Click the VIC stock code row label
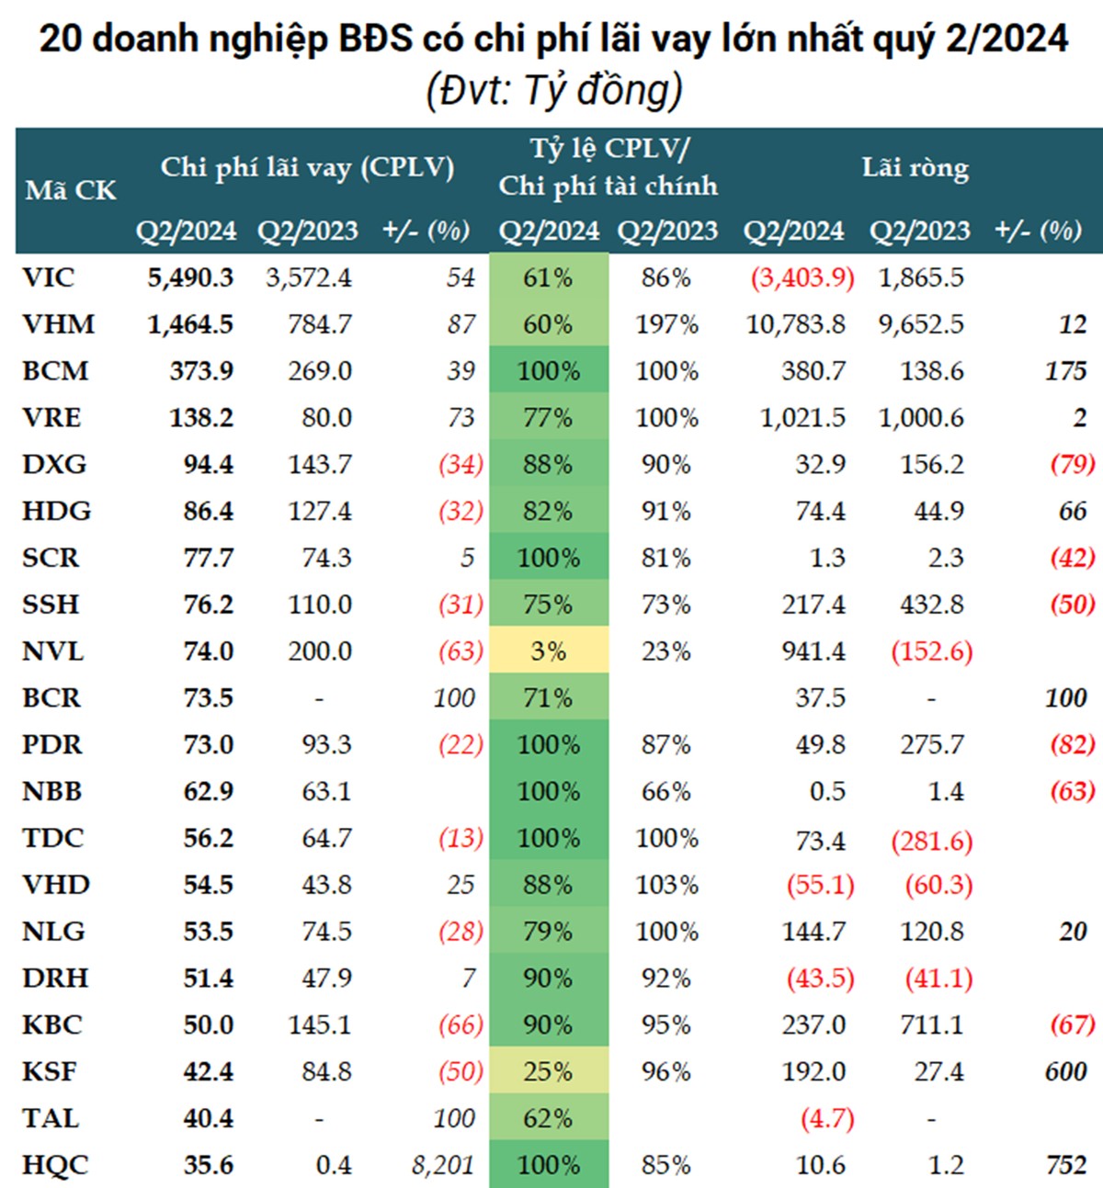point(49,277)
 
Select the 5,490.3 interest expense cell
point(190,277)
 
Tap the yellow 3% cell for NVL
point(548,651)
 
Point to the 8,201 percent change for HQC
point(443,1165)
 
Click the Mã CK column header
point(71,190)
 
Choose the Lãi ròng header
point(915,168)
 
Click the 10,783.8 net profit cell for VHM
point(796,324)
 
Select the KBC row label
point(52,1024)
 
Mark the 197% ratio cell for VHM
point(666,324)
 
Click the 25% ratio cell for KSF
point(548,1071)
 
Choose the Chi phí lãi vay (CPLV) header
point(307,168)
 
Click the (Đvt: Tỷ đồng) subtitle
point(553,91)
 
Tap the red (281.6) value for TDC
point(931,839)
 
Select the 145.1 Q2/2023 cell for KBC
point(319,1024)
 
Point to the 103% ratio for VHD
point(666,885)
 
